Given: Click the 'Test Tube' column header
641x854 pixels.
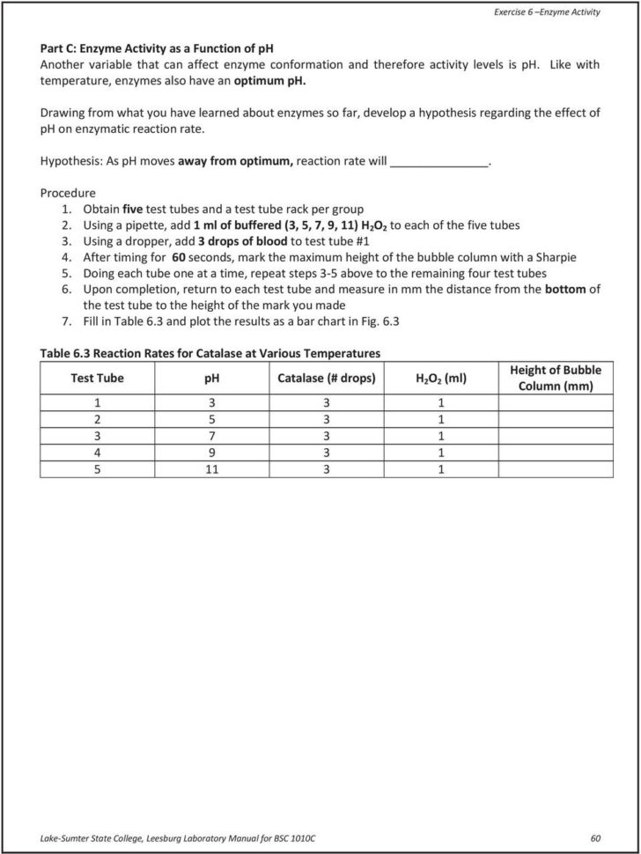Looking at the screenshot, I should click(97, 379).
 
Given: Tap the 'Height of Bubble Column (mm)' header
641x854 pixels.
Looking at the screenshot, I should click(556, 379).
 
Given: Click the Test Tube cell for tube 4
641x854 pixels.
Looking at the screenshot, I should click(97, 453).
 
